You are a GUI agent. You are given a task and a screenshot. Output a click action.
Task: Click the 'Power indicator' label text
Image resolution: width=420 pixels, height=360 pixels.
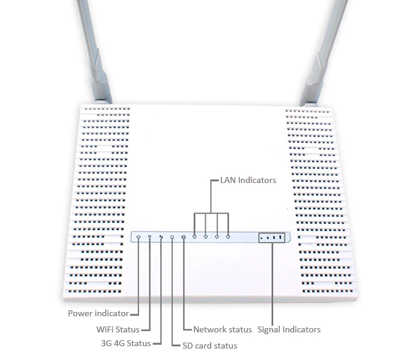[98, 313]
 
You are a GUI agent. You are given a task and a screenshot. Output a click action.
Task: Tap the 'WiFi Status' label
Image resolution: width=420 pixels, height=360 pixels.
[118, 329]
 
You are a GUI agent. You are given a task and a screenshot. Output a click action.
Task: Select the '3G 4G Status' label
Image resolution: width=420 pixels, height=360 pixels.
[126, 343]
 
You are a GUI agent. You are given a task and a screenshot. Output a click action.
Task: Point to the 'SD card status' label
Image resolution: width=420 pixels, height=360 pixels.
[210, 346]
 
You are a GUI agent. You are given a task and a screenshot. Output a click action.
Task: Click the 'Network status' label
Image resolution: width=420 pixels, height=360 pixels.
[223, 329]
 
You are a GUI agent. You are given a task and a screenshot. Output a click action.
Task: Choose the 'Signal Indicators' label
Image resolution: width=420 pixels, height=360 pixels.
[289, 329]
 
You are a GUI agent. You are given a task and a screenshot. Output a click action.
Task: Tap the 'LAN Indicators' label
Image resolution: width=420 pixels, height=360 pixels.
[248, 180]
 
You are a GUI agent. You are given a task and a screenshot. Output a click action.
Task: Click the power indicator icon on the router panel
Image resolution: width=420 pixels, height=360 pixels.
[139, 237]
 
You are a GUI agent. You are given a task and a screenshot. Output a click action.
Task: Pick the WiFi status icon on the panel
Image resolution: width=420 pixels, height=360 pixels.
[150, 237]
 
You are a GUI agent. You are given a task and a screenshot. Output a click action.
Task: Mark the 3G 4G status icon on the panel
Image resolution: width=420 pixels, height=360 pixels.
[161, 237]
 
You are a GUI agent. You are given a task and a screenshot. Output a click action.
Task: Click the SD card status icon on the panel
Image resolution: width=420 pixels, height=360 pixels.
[172, 237]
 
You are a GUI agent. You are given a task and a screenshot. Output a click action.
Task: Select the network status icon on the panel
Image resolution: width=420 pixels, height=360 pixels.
[184, 237]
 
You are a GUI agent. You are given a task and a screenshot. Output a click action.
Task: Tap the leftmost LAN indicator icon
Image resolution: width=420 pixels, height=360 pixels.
[194, 237]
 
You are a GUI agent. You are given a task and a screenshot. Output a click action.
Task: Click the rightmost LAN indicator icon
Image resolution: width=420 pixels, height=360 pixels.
[228, 237]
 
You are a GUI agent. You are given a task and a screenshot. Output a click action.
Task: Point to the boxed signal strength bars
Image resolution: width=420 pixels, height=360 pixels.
[272, 238]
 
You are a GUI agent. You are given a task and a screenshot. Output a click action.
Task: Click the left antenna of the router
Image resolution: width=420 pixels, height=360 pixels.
[94, 51]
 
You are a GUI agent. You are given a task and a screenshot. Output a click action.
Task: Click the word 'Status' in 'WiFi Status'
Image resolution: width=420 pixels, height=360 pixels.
[127, 329]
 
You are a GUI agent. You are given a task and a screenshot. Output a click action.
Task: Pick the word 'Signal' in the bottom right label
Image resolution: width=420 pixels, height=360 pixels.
[269, 329]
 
